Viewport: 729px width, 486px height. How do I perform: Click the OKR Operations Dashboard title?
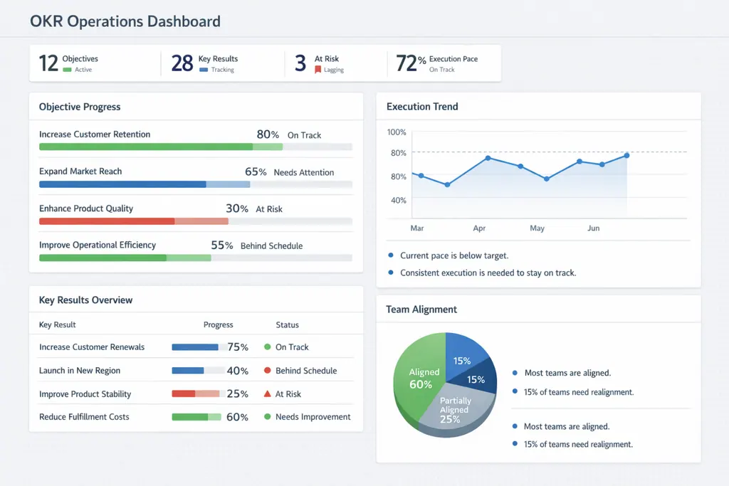click(125, 21)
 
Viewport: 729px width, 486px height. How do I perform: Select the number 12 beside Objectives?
click(48, 63)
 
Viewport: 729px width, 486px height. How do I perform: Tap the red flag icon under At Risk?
click(318, 70)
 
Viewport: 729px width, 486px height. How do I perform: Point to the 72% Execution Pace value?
click(411, 63)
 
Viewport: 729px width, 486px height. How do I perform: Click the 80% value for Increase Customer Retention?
click(268, 134)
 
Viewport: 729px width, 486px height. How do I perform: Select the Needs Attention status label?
click(303, 172)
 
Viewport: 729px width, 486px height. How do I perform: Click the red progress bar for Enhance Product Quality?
click(107, 221)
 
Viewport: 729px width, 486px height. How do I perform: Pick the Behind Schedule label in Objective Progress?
click(271, 246)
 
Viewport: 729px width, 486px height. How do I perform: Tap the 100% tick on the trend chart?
click(397, 132)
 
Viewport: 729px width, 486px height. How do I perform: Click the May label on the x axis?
click(537, 228)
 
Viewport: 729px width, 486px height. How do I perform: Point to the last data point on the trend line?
click(626, 155)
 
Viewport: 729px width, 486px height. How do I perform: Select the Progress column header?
click(218, 324)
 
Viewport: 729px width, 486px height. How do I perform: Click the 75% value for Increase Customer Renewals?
click(238, 347)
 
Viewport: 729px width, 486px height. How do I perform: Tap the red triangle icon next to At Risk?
click(268, 393)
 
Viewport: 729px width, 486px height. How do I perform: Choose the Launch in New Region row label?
click(80, 371)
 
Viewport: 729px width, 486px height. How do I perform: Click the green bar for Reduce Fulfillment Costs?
click(189, 417)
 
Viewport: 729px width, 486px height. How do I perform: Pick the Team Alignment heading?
click(421, 310)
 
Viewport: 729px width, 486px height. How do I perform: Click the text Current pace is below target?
click(454, 255)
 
